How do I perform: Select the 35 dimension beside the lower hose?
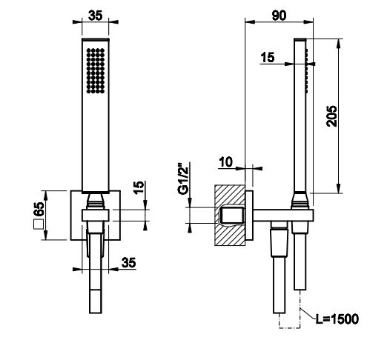[x=128, y=261]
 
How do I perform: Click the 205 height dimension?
[x=333, y=114]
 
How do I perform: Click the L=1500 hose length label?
[x=335, y=319]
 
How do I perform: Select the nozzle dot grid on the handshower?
[x=95, y=70]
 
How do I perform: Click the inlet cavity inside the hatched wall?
[x=233, y=216]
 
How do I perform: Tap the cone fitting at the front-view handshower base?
[x=95, y=199]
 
